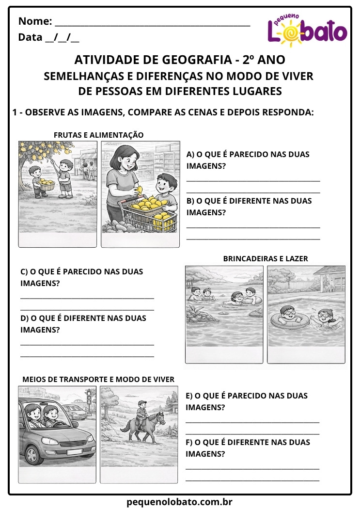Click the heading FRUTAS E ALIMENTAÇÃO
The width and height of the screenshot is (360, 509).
(x=99, y=135)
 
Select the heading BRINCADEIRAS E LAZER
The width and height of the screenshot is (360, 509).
(x=266, y=259)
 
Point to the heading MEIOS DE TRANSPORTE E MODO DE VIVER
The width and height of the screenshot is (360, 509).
(x=98, y=379)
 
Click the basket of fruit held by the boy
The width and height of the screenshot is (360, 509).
(x=46, y=183)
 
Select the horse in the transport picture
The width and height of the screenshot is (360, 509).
(x=141, y=425)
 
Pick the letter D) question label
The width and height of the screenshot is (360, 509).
(x=24, y=318)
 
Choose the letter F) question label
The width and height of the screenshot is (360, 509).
(x=189, y=443)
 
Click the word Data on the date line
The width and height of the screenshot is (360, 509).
(x=30, y=37)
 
